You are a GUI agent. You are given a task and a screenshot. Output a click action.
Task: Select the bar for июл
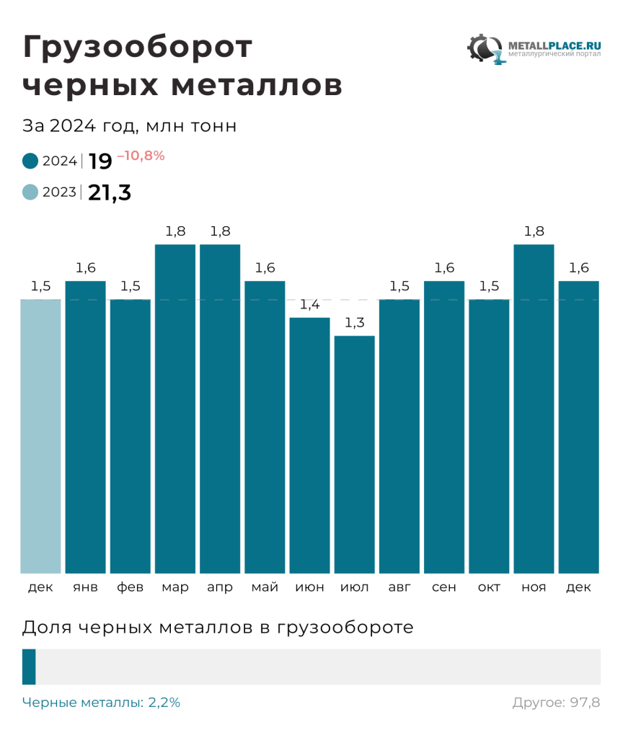tap(354, 454)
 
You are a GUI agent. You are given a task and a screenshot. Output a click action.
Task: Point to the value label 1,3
tap(354, 323)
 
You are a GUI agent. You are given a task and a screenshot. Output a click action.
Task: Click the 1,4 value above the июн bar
tap(309, 305)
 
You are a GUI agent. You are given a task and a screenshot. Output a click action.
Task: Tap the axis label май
tap(265, 587)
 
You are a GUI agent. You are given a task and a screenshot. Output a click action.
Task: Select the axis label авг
tap(399, 587)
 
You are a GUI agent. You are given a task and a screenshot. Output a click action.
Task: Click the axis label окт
tap(489, 587)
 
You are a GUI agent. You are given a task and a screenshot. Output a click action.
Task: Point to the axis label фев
tap(131, 587)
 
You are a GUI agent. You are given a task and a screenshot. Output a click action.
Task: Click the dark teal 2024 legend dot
tap(30, 161)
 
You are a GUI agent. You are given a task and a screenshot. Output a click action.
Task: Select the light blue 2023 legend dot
tap(30, 192)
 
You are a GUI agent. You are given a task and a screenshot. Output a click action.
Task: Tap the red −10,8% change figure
tap(141, 155)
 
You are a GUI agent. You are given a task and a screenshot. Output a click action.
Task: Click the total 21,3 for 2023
tap(110, 192)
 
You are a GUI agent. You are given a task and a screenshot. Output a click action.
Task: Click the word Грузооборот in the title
tap(138, 48)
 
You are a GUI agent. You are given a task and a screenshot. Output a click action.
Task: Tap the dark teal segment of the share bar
tap(29, 667)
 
